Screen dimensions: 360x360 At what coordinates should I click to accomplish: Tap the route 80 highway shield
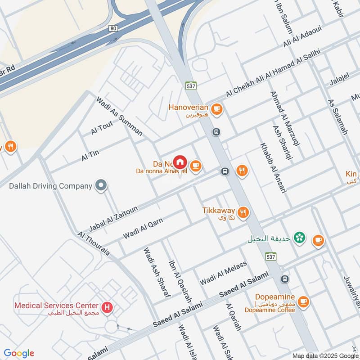coord(112,28)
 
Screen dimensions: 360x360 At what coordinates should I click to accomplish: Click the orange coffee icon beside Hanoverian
coord(216,108)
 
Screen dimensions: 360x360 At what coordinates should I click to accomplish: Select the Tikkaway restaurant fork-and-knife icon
coord(243,212)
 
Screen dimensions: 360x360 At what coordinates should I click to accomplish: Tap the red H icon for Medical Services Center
coord(107,308)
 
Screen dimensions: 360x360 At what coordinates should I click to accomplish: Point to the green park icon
coord(298,238)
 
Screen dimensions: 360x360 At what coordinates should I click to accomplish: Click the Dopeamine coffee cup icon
coord(303,301)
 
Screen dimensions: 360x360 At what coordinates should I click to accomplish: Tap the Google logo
coord(19,353)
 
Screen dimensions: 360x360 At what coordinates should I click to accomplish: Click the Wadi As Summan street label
coord(119,116)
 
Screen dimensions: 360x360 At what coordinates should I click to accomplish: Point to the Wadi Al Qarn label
coord(143,228)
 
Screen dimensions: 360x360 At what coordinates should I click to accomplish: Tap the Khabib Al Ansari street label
coord(273,168)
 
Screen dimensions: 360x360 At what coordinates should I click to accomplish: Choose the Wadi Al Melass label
coord(224,273)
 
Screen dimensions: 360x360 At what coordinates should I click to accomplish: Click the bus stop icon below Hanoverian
coord(216,132)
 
